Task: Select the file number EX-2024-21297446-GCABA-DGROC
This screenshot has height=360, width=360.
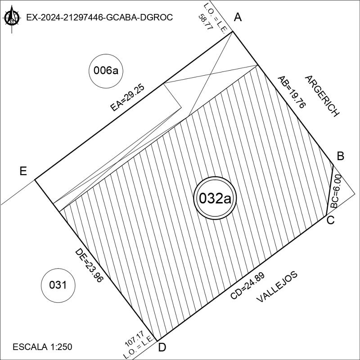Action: [99, 18]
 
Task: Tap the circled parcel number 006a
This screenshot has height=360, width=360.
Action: [106, 71]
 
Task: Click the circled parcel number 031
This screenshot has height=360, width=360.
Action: [58, 285]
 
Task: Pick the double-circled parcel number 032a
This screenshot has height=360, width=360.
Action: [215, 198]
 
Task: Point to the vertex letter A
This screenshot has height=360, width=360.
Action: [238, 18]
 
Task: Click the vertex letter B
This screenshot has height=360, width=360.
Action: [341, 156]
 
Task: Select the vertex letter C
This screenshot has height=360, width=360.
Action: [331, 220]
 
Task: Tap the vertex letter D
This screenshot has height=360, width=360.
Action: [162, 348]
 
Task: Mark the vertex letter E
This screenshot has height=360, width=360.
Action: [23, 171]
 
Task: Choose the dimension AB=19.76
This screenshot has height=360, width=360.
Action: [291, 92]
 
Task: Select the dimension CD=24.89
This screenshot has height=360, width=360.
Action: [247, 286]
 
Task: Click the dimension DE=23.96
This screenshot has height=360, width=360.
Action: [89, 265]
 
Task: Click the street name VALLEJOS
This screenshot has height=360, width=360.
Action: [277, 287]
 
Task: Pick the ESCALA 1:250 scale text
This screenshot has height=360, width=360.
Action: [42, 347]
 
